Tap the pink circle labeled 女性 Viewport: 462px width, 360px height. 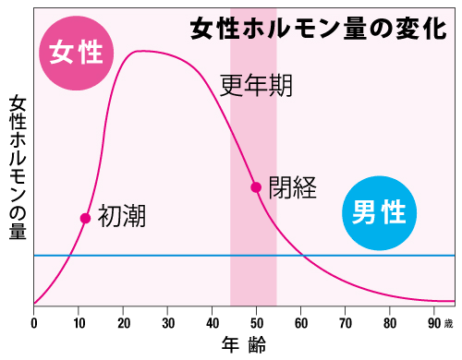click(x=76, y=53)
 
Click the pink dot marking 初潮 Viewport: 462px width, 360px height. click(x=85, y=219)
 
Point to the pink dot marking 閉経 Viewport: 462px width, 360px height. click(x=256, y=187)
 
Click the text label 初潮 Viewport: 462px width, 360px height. click(x=122, y=217)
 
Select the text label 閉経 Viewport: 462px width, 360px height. click(x=293, y=188)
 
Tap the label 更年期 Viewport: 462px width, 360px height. click(x=258, y=86)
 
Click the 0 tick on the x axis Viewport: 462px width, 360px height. click(x=34, y=323)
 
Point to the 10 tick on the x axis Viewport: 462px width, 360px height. click(x=79, y=323)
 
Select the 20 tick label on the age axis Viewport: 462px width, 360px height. click(x=123, y=323)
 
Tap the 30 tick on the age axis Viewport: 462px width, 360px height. click(x=167, y=323)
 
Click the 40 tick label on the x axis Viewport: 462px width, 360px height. click(x=212, y=323)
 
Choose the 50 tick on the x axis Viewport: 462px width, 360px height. click(x=256, y=323)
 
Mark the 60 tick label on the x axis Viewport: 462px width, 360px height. click(x=300, y=323)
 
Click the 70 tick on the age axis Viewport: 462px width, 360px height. click(x=345, y=323)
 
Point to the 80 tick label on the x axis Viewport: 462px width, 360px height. click(x=389, y=323)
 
